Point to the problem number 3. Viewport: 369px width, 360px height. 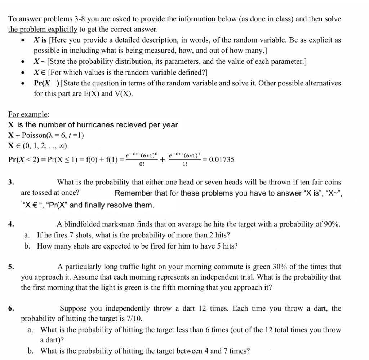(11, 182)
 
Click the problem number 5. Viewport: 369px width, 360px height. (11, 267)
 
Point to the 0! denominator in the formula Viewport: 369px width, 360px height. (141, 164)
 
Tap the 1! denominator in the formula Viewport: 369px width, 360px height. (185, 164)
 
